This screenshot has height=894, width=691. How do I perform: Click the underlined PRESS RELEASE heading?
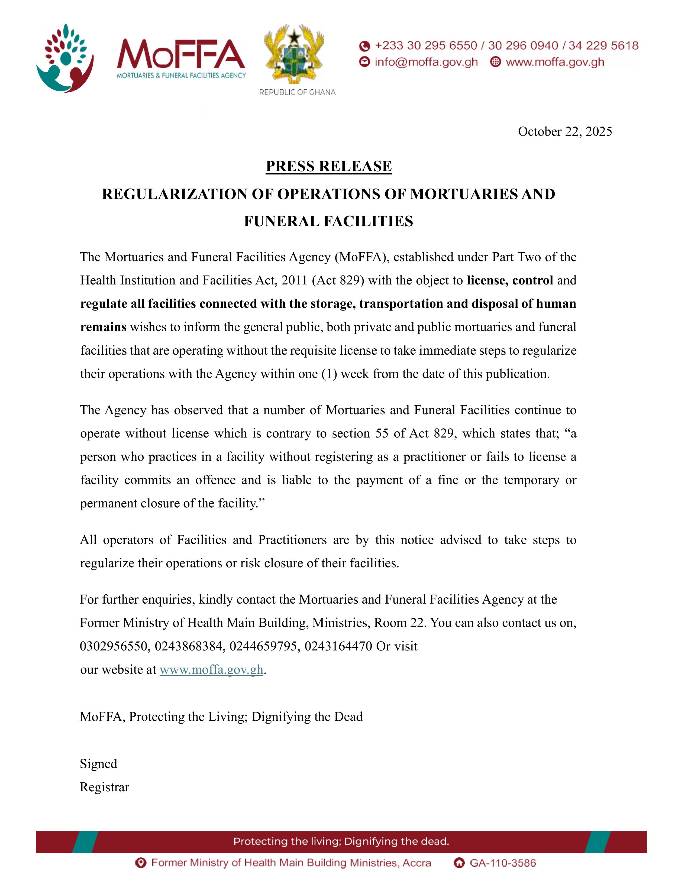click(329, 166)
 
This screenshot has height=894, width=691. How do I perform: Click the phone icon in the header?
click(364, 46)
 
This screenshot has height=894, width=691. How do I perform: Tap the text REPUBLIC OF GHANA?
click(297, 92)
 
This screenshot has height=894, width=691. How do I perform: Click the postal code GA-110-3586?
click(503, 863)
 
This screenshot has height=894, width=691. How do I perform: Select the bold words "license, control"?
click(510, 280)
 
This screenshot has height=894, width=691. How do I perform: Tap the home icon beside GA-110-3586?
click(459, 863)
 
